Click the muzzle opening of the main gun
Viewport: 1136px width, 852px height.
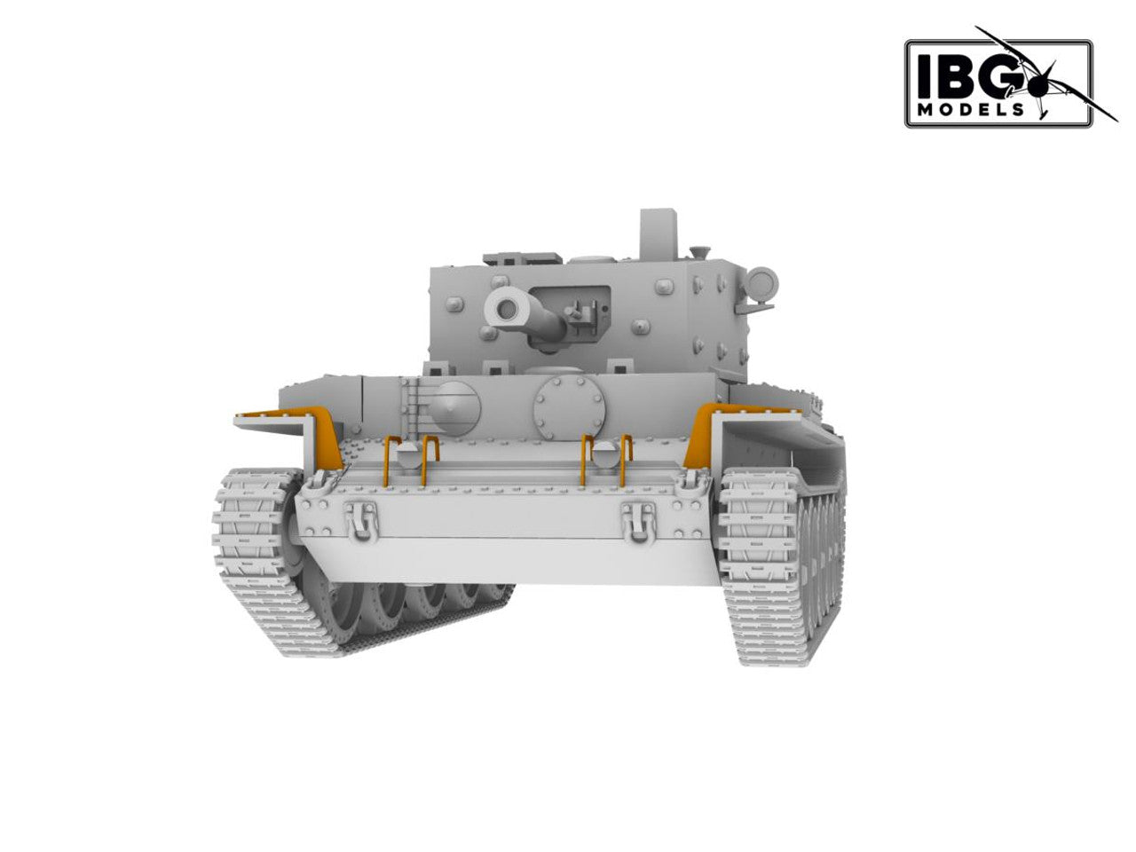point(507,310)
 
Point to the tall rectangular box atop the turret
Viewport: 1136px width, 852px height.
point(659,234)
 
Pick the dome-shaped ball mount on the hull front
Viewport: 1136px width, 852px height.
point(454,408)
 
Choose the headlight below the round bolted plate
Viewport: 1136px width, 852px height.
point(603,454)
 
